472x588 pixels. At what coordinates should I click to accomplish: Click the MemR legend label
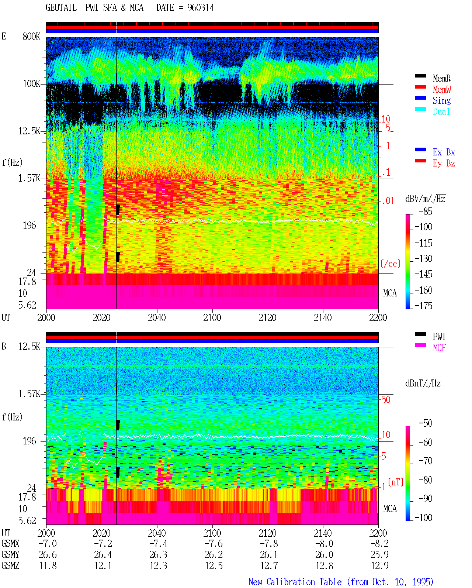coord(441,78)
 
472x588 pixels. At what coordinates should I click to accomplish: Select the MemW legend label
coord(441,89)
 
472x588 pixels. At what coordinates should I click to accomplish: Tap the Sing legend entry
coord(441,100)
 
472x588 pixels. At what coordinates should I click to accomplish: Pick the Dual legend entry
coord(441,111)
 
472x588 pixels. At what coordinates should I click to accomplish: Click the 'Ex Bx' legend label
coord(444,152)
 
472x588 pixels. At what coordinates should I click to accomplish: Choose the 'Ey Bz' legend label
coord(444,164)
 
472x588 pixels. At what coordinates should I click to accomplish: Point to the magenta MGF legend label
coord(439,348)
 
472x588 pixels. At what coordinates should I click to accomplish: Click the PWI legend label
coord(439,336)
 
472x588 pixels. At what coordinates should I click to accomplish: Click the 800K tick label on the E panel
coord(31,36)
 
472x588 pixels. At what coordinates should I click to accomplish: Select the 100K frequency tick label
coord(31,84)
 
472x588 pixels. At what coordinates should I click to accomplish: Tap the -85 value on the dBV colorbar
coord(426,211)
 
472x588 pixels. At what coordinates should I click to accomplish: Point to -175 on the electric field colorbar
coord(423,306)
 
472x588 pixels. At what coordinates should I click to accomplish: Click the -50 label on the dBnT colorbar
coord(426,423)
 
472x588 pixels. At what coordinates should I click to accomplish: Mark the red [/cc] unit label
coord(391,264)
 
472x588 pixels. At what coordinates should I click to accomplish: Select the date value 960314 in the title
coord(201,8)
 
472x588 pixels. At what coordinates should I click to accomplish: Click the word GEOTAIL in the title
coord(61,7)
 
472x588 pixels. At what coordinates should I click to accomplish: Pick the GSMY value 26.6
coord(48,555)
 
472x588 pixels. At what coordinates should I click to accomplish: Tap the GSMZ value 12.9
coord(379,565)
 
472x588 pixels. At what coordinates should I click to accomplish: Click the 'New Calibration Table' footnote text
coord(295,582)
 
